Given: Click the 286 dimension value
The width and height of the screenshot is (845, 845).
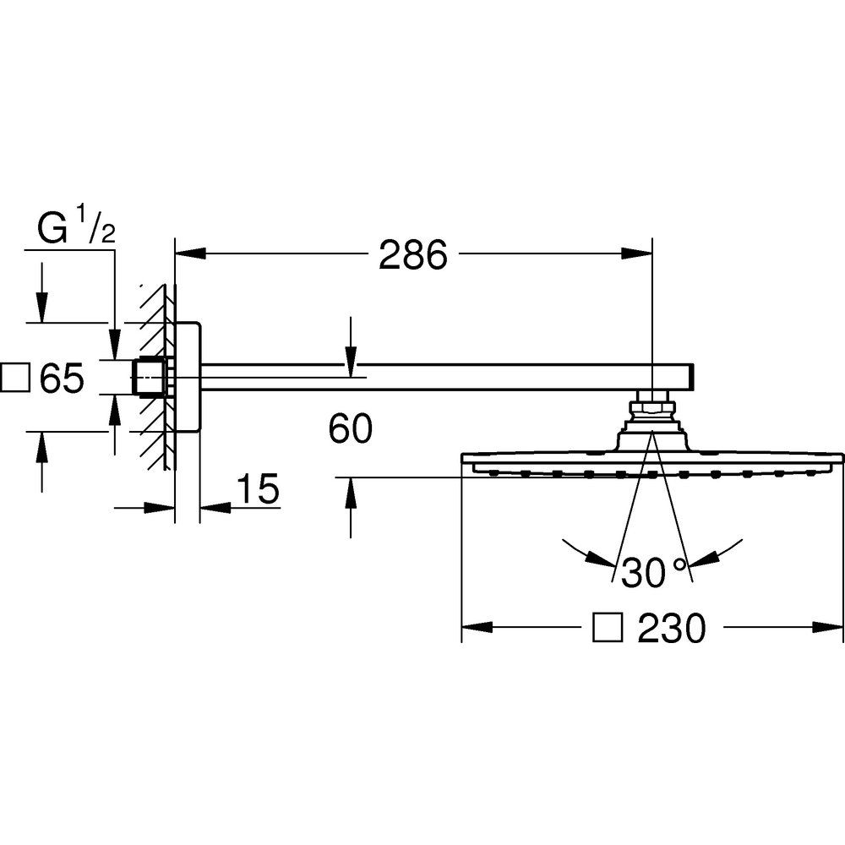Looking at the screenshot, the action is pos(413,254).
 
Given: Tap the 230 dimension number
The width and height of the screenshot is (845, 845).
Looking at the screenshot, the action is pos(671,627).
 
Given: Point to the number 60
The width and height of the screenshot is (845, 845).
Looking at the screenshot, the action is pos(351,428).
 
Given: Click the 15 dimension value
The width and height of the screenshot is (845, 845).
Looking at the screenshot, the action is pos(258,488).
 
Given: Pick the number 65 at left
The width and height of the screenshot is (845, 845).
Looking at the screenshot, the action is pos(63,378).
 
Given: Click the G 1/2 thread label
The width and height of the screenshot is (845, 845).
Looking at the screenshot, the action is pos(76,228).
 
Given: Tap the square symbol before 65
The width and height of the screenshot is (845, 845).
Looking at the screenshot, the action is pos(15,378).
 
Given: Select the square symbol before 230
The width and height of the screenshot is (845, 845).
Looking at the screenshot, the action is pos(608,627).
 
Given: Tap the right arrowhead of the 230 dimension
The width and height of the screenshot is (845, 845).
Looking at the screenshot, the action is pos(827,627).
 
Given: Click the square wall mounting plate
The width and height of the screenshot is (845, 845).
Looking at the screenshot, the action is pos(188,377).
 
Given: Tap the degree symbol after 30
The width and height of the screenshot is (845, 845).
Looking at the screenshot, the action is pos(680,565).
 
